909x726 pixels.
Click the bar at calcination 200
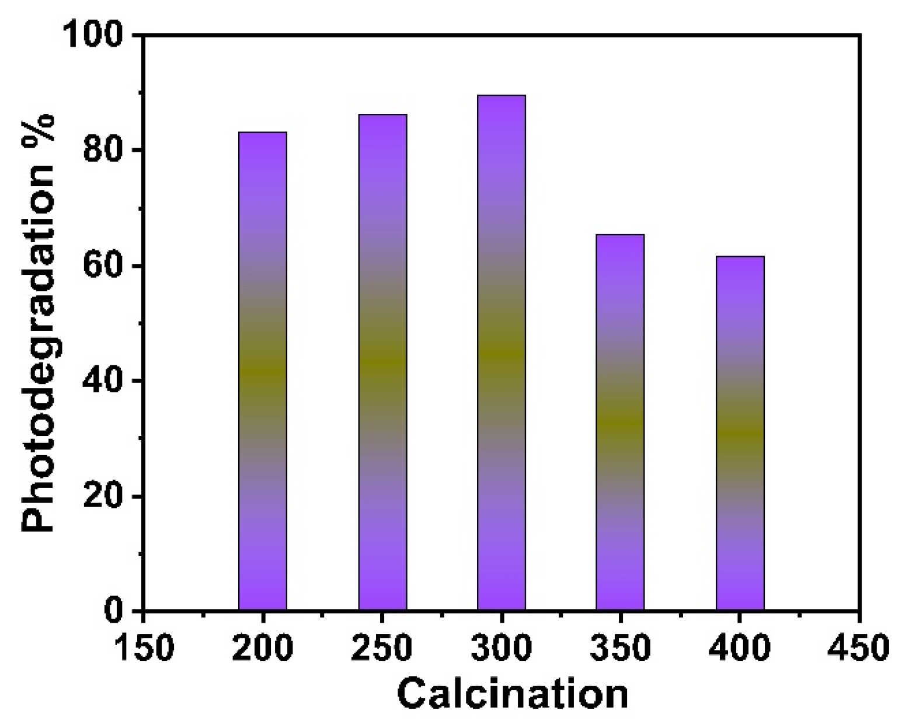(x=263, y=371)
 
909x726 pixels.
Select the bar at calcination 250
(x=382, y=362)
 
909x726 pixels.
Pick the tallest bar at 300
(x=501, y=352)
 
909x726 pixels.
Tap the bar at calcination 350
(x=620, y=422)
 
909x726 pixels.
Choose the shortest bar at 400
(x=740, y=433)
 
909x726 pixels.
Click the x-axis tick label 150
(x=144, y=648)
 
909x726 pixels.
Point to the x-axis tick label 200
(x=263, y=648)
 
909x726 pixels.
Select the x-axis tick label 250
(x=382, y=648)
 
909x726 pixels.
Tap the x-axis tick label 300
(x=501, y=648)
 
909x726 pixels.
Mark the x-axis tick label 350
(x=620, y=648)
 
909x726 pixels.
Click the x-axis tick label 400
(x=740, y=648)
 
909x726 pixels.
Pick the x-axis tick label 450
(x=859, y=648)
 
